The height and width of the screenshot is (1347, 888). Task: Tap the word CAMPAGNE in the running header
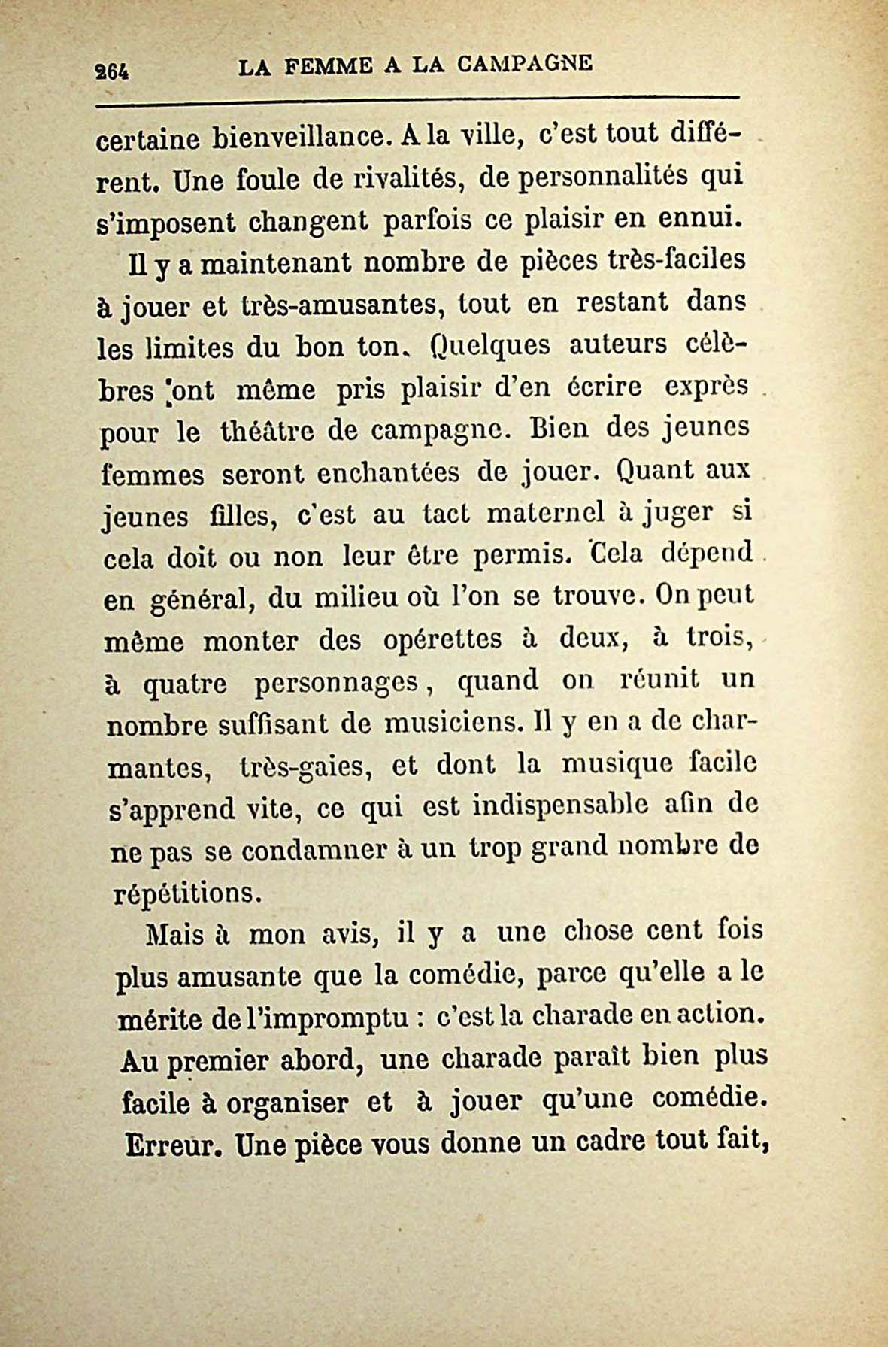click(525, 65)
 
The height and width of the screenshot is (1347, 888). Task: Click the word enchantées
click(388, 474)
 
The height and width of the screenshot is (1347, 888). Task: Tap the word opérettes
click(442, 639)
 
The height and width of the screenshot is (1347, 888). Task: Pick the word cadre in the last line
click(604, 1142)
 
